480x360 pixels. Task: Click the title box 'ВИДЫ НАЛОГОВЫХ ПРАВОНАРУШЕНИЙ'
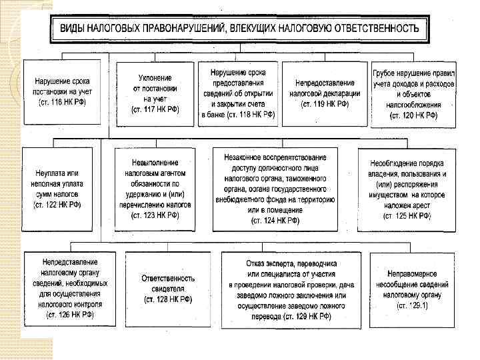click(x=240, y=29)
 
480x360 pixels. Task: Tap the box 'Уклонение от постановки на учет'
click(x=154, y=93)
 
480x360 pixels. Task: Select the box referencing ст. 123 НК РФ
click(x=155, y=188)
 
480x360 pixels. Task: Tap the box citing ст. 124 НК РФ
click(x=275, y=188)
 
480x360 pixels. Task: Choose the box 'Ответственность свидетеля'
click(x=168, y=288)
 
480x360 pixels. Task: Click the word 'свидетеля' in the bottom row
click(x=168, y=289)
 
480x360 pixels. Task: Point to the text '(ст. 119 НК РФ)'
click(x=325, y=105)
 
